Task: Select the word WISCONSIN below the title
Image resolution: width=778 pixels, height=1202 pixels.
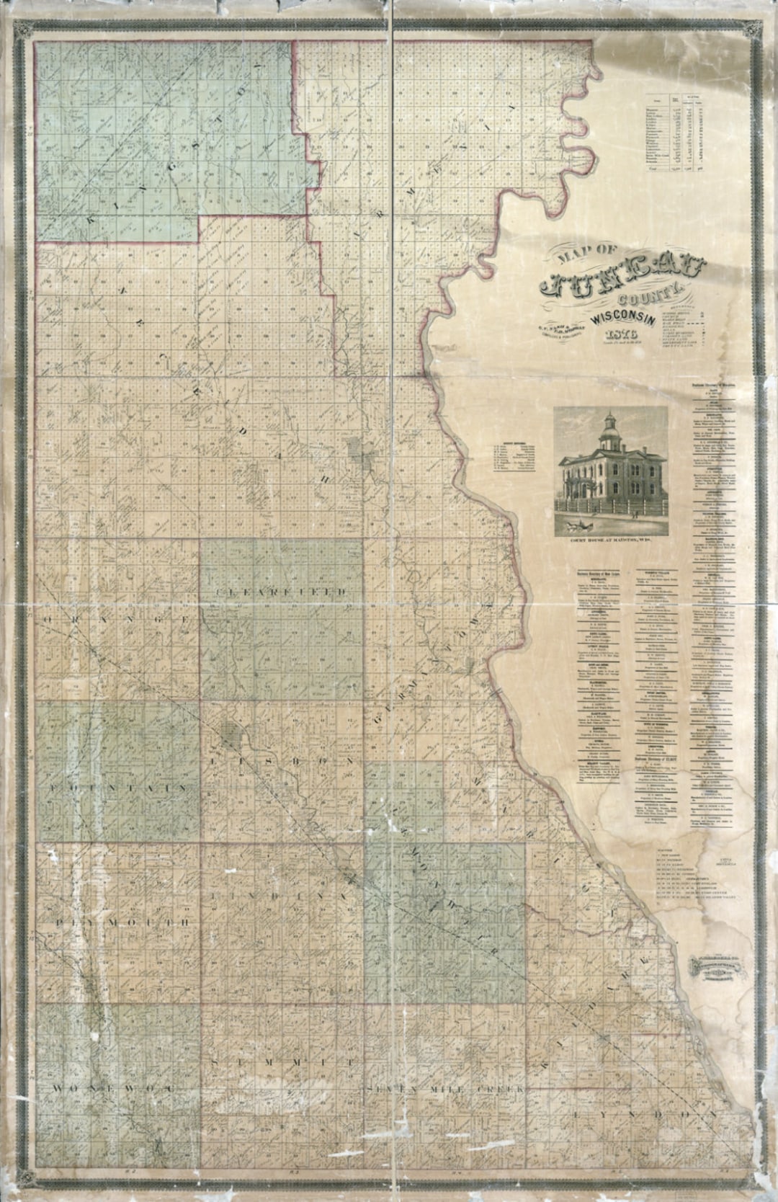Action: coord(625,317)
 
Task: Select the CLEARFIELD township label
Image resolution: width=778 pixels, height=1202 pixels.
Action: coord(281,591)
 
